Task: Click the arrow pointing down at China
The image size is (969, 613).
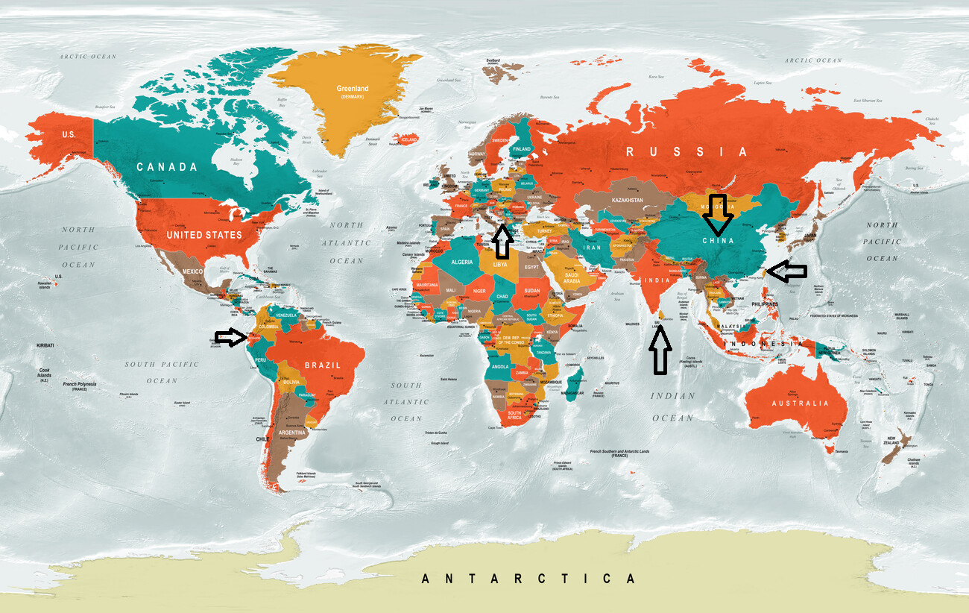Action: (x=719, y=215)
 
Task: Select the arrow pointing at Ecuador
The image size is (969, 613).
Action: (x=230, y=338)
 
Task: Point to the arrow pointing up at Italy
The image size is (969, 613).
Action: (x=502, y=243)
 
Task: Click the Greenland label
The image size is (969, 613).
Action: (x=352, y=89)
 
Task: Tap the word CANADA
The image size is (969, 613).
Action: (x=168, y=167)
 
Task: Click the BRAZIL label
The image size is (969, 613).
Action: (x=322, y=365)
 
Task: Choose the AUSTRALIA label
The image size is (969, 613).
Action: (x=799, y=403)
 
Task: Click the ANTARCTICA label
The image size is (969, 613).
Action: (x=528, y=579)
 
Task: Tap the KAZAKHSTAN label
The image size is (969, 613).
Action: (x=627, y=201)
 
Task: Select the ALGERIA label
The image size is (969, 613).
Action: (x=462, y=263)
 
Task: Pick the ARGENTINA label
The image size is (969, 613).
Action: (x=291, y=433)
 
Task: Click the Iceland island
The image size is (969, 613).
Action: (x=409, y=139)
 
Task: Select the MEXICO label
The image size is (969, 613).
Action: (x=192, y=271)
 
